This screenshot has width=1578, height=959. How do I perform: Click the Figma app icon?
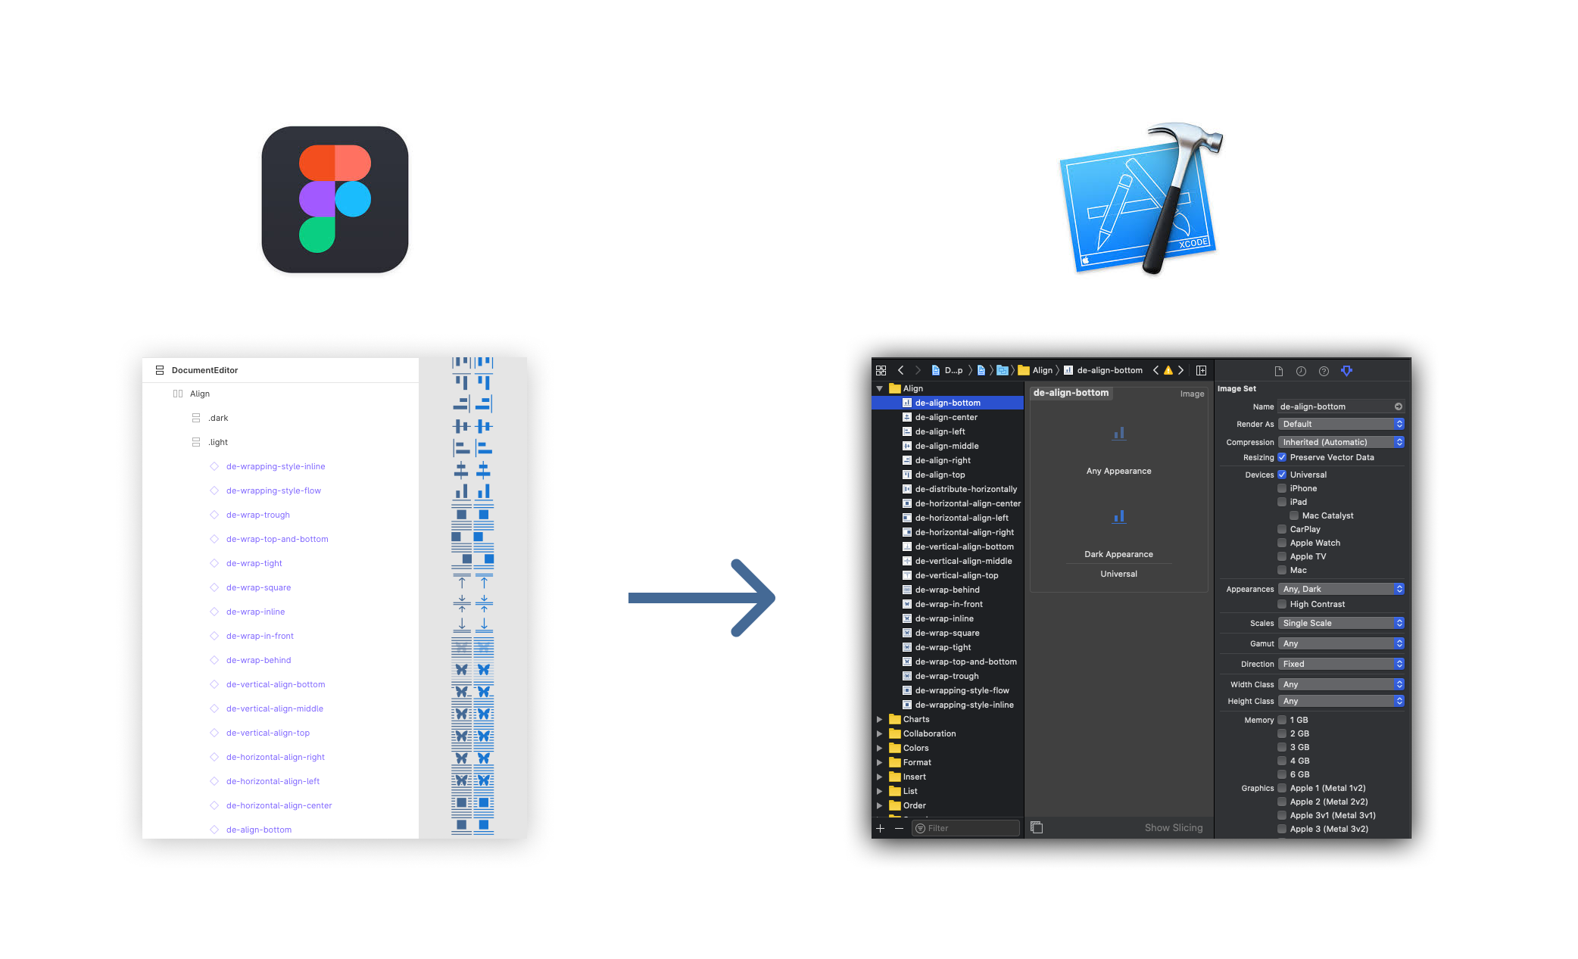(335, 200)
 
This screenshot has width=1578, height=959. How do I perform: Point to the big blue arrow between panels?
(700, 598)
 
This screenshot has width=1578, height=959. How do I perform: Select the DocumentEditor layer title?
(204, 370)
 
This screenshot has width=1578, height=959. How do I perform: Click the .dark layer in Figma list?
(218, 418)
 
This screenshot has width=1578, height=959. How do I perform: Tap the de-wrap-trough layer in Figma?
(257, 515)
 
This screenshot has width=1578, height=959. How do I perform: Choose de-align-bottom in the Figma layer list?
(258, 830)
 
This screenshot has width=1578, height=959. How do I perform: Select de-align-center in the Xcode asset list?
(946, 417)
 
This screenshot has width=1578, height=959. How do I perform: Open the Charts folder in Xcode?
(915, 719)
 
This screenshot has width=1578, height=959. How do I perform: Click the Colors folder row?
(915, 748)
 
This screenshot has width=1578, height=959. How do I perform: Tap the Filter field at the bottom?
(965, 828)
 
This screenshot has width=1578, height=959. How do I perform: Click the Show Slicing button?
(1173, 827)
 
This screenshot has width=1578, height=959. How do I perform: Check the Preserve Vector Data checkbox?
(1282, 457)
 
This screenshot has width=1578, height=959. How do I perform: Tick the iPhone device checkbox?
(1282, 488)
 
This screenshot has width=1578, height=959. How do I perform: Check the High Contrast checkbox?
(1282, 604)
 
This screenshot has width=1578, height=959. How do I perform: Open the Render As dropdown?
(1340, 424)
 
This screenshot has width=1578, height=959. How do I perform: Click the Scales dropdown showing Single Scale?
(1340, 623)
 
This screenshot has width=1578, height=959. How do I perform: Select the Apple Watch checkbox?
(1282, 543)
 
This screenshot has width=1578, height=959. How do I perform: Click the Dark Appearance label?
(1118, 554)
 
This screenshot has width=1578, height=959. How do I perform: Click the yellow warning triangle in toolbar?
(1168, 370)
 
